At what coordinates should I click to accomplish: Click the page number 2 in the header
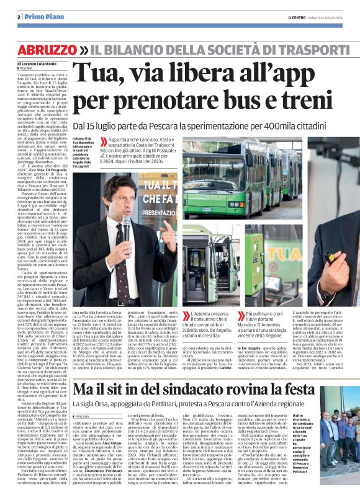19,16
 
